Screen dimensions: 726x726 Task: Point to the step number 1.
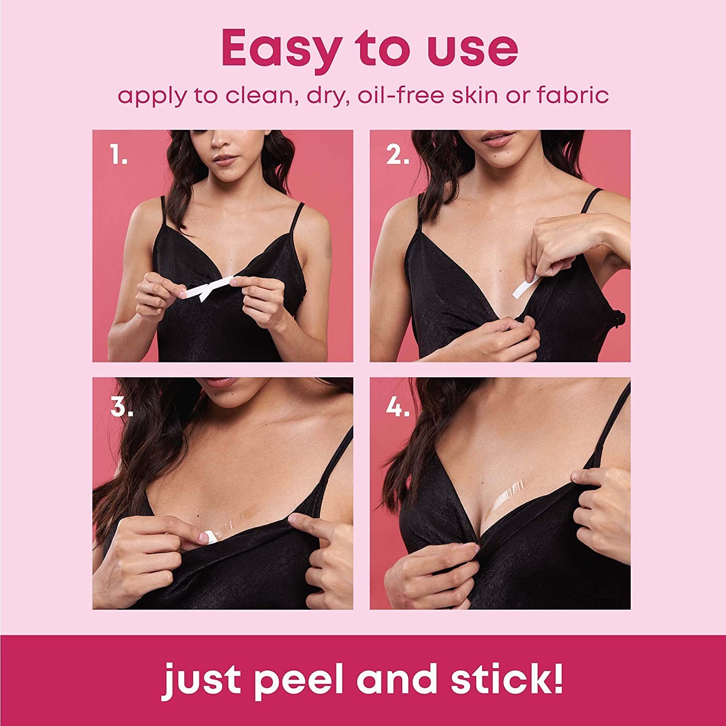(118, 156)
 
